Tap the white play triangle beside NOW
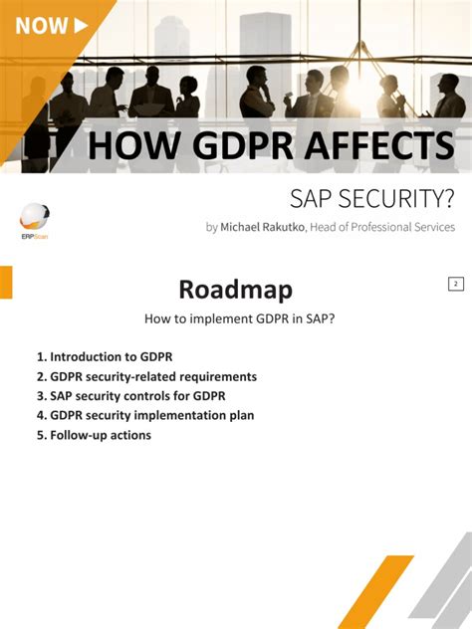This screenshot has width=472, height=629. pyautogui.click(x=82, y=25)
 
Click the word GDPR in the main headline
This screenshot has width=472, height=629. pyautogui.click(x=224, y=145)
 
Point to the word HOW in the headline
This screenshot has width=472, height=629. pyautogui.click(x=123, y=145)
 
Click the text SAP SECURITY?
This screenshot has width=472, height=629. pyautogui.click(x=371, y=199)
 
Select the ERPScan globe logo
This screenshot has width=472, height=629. pyautogui.click(x=34, y=216)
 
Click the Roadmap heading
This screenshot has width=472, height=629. pyautogui.click(x=235, y=289)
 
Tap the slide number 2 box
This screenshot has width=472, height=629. pyautogui.click(x=455, y=284)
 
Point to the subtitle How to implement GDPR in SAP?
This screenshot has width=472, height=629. pyautogui.click(x=235, y=319)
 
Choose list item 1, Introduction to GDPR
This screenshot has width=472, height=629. pyautogui.click(x=110, y=355)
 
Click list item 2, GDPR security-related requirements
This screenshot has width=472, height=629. pyautogui.click(x=146, y=376)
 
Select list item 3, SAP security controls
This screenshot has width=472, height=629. pyautogui.click(x=130, y=396)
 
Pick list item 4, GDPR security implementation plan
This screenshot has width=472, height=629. pyautogui.click(x=145, y=415)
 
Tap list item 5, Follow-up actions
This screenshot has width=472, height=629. pyautogui.click(x=94, y=435)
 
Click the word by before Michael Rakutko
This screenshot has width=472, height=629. pyautogui.click(x=211, y=227)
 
